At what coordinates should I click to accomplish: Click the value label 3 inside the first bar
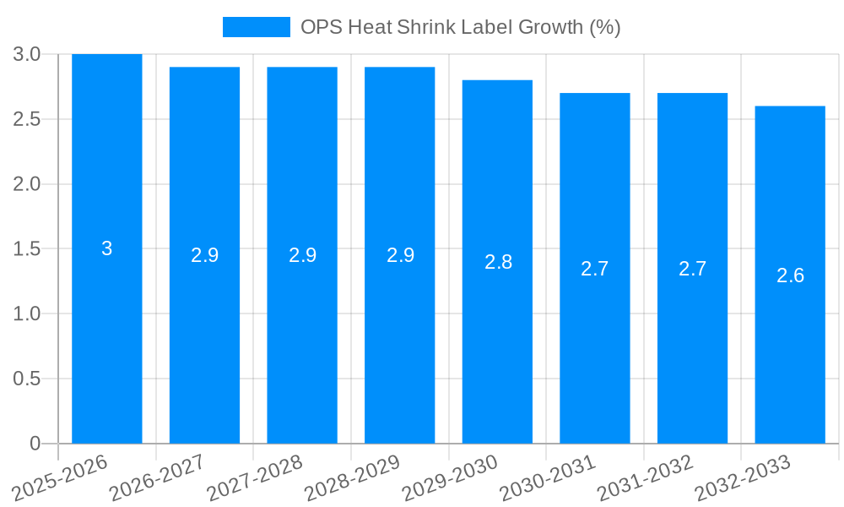point(107,248)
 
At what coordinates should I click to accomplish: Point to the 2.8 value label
point(498,262)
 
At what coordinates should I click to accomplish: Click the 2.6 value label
point(790,275)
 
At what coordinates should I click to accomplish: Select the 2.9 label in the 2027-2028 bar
point(302,255)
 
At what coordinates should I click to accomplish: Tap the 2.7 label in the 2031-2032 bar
point(692,269)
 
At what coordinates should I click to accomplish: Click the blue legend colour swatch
point(256,27)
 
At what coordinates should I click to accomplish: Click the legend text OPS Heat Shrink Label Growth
point(460,27)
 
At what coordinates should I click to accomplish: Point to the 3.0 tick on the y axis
point(27,54)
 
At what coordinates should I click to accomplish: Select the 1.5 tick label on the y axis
point(27,249)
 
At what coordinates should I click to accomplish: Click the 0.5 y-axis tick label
point(27,379)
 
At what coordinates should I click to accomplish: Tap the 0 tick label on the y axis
point(35,444)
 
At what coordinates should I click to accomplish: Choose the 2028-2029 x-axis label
point(352,477)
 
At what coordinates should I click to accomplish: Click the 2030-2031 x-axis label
point(548,477)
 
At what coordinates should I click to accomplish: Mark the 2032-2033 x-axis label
point(743,477)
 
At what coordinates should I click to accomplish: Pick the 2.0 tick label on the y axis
point(27,184)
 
